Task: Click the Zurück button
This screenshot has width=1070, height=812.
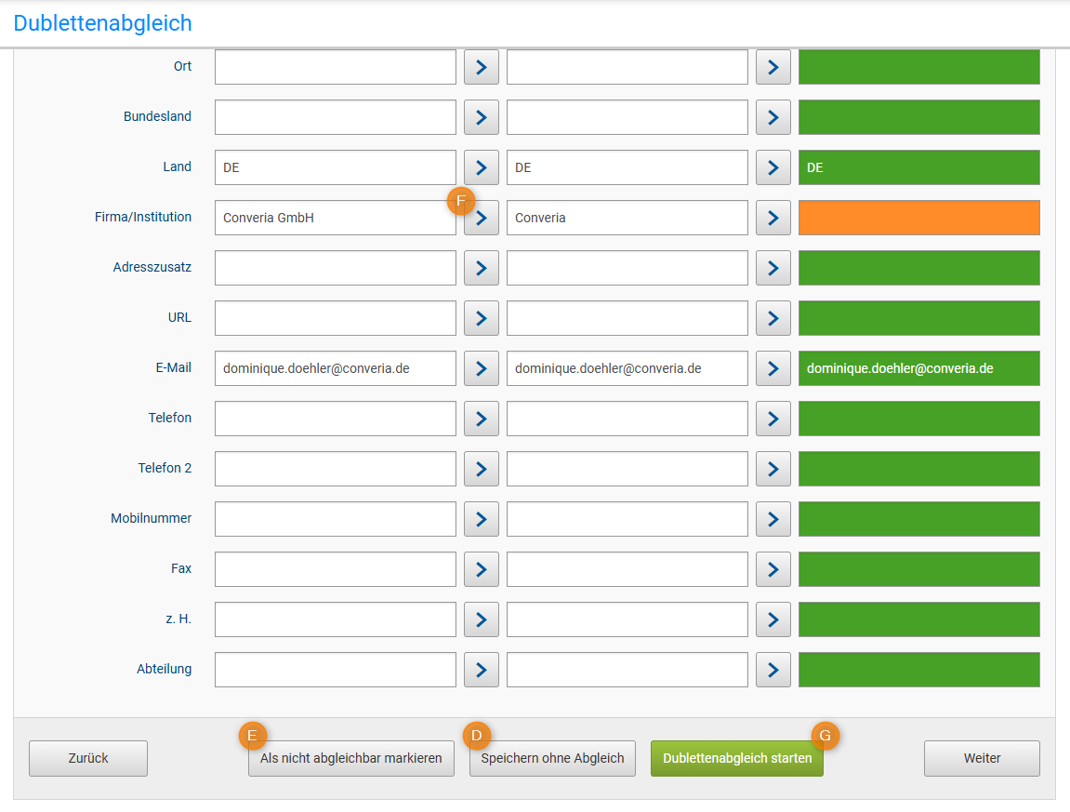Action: [x=88, y=758]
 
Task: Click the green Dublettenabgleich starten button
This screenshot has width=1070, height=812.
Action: [x=736, y=758]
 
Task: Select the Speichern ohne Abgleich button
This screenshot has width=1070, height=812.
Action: [x=552, y=758]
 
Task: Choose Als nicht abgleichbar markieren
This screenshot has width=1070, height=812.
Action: [x=350, y=758]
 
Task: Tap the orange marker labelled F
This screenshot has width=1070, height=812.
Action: [x=461, y=200]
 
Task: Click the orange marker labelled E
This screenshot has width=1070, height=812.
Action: [x=253, y=735]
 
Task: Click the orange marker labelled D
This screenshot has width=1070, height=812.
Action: [x=477, y=735]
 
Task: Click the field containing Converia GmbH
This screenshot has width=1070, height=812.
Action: [x=335, y=218]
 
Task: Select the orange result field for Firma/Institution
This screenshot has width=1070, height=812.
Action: [x=918, y=218]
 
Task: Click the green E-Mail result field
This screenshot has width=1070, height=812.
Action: [x=918, y=368]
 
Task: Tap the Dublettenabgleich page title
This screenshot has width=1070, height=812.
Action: [x=102, y=23]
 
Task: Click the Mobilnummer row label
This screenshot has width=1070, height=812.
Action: [x=151, y=518]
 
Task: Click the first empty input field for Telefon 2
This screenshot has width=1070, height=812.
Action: [x=335, y=469]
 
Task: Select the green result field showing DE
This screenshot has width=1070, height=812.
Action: [x=918, y=167]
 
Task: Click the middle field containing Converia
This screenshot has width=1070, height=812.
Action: [x=627, y=218]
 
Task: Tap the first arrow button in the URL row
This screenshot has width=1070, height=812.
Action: [x=481, y=318]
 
